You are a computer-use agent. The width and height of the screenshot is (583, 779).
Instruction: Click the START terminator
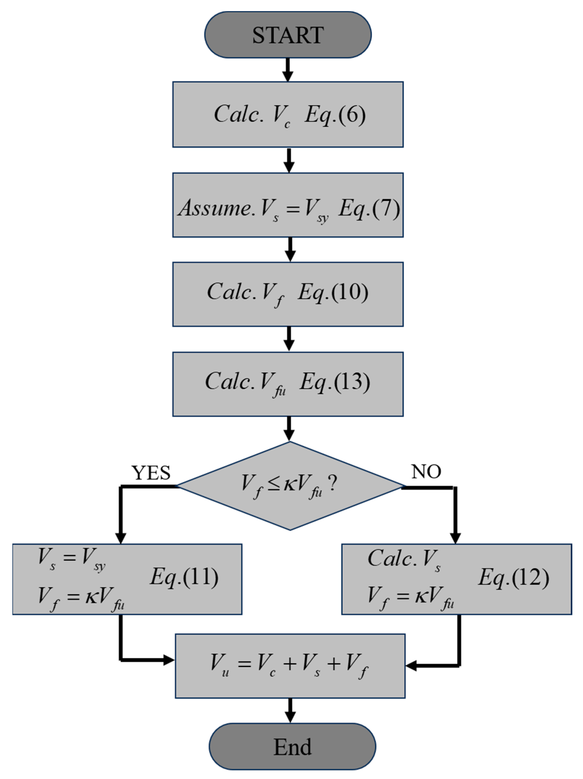click(288, 35)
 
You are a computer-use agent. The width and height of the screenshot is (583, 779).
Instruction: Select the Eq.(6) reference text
click(335, 115)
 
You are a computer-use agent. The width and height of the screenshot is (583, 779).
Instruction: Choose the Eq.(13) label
click(334, 382)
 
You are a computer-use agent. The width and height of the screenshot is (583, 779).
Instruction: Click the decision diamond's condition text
click(289, 486)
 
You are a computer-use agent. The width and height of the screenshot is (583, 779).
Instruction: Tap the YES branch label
click(151, 473)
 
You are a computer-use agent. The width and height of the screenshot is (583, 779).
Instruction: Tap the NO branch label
click(426, 471)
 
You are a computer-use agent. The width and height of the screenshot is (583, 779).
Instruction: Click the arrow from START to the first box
click(288, 70)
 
